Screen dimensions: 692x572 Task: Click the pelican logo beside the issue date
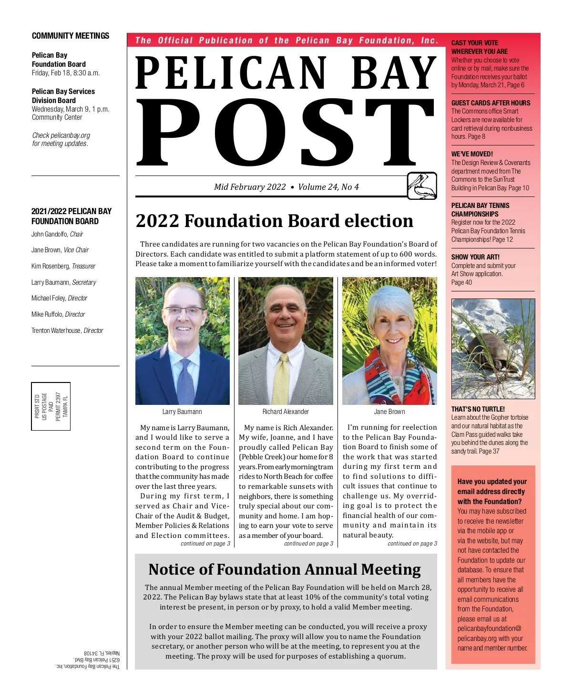(422, 186)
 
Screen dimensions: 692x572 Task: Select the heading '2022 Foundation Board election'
(275, 221)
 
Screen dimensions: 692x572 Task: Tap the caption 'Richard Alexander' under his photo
(286, 412)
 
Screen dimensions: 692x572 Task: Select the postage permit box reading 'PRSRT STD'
(51, 406)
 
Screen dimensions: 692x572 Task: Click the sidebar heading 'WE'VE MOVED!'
(472, 154)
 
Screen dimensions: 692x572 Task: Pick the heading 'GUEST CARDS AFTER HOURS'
(490, 103)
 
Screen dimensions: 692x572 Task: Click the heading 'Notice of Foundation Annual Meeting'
(285, 569)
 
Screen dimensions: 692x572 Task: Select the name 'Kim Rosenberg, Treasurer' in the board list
(63, 266)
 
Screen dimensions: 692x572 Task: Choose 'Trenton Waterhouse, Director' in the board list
(67, 331)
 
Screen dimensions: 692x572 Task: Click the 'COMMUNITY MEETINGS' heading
(71, 36)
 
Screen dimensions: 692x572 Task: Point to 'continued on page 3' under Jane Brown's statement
(412, 544)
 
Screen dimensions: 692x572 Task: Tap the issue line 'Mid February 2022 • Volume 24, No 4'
(286, 187)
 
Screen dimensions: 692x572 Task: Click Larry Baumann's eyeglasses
(184, 311)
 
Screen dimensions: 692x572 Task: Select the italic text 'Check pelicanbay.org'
(61, 135)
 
